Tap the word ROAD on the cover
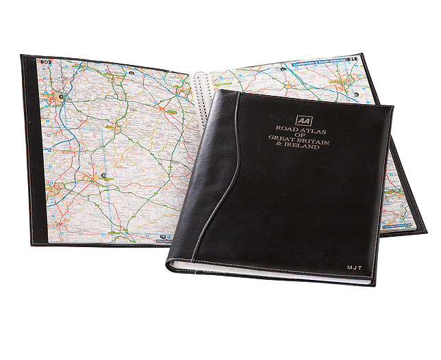point(288,128)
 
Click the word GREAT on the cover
point(285,142)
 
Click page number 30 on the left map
point(47,63)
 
